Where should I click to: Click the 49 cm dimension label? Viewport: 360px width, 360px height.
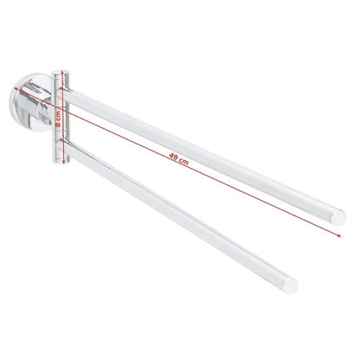(x=179, y=159)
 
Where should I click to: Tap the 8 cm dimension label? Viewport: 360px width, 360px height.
(x=58, y=119)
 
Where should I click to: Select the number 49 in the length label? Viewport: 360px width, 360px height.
(x=174, y=157)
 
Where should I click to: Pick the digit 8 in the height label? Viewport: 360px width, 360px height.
(x=58, y=125)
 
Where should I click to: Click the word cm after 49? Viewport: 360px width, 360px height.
(x=183, y=161)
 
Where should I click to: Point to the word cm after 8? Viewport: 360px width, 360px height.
(x=58, y=115)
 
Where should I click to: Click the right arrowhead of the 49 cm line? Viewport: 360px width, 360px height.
(x=339, y=235)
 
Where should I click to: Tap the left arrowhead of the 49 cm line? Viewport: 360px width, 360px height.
(x=16, y=87)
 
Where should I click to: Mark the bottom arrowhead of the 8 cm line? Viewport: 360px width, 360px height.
(x=63, y=161)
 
